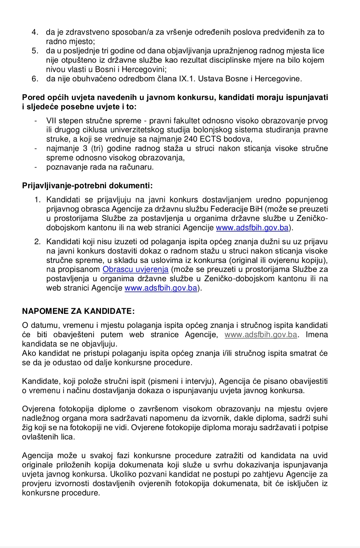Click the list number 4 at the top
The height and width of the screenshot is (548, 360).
point(34,32)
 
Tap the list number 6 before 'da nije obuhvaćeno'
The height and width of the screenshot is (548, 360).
point(34,79)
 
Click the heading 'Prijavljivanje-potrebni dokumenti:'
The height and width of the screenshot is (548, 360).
point(87,186)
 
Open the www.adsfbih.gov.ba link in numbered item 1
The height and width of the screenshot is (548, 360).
point(252,228)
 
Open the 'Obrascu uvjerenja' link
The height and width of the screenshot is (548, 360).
point(135,270)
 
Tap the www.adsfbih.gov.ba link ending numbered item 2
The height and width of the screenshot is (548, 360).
point(161,288)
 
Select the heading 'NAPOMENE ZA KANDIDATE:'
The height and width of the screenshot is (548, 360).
point(78,311)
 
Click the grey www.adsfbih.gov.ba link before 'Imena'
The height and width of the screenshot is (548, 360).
point(261,335)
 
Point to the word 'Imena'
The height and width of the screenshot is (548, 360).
point(317,335)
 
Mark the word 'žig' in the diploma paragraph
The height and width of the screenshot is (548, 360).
point(27,428)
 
